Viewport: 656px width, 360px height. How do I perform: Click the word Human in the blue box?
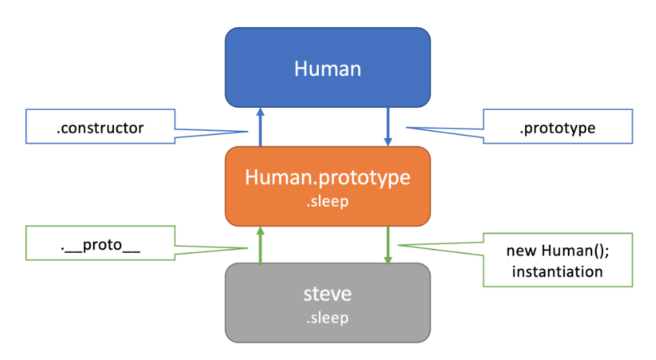click(x=328, y=68)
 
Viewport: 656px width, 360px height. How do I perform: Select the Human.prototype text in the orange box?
click(x=328, y=178)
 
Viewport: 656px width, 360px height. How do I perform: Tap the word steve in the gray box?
click(x=328, y=294)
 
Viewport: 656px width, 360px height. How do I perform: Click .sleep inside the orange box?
click(x=328, y=202)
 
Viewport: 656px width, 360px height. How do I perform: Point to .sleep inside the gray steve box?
click(x=328, y=317)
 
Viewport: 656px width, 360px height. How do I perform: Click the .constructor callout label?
click(x=100, y=128)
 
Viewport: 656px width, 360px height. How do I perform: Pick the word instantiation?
click(x=557, y=272)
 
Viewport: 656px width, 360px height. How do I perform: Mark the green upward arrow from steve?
click(x=260, y=245)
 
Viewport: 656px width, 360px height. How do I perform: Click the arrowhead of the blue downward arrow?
click(x=388, y=142)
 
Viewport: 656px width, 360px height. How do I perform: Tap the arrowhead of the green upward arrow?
click(x=260, y=231)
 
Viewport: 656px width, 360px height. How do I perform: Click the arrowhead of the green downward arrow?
click(x=388, y=259)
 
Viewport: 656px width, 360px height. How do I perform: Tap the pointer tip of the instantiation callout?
click(x=398, y=245)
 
